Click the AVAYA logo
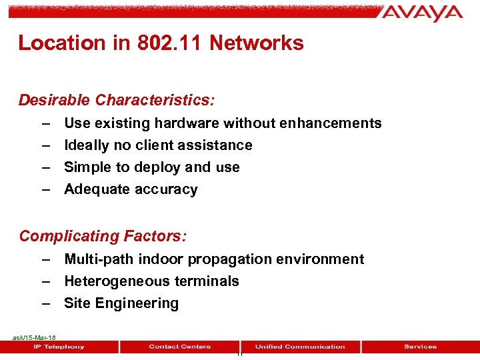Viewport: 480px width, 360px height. (x=422, y=13)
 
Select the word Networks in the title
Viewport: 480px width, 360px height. (x=256, y=43)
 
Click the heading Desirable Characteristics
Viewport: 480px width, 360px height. (x=117, y=100)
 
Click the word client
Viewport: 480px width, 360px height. (x=157, y=145)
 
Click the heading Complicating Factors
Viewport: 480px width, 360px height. (x=103, y=236)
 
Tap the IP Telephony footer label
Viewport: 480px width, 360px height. (x=59, y=347)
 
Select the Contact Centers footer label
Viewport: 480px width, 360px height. (x=179, y=347)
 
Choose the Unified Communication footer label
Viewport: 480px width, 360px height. (x=300, y=347)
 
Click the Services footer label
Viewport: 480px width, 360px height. (x=420, y=347)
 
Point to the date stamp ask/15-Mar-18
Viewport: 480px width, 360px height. (x=34, y=338)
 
